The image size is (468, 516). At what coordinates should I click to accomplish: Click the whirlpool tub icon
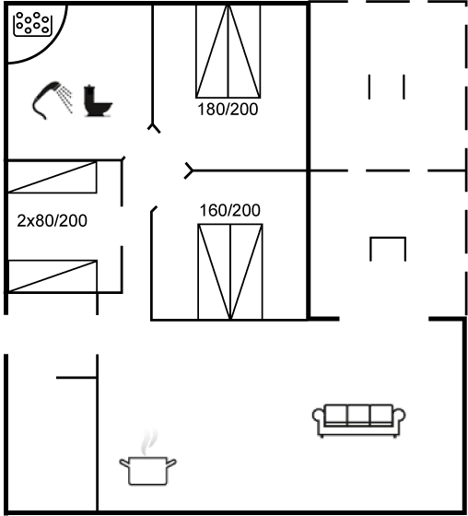pos(32,24)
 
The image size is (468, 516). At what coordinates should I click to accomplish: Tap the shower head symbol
pos(46,99)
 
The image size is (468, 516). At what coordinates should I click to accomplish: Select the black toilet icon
pos(98,100)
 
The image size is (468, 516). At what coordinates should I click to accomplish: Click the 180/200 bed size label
pos(228,110)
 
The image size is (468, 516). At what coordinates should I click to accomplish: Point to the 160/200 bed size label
pos(230,210)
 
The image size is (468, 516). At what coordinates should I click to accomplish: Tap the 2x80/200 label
pos(52,221)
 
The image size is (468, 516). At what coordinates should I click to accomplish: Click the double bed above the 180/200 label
pos(228,52)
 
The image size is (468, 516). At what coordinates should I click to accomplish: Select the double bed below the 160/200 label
pos(230,272)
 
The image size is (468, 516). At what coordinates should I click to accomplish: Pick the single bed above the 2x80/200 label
pos(52,177)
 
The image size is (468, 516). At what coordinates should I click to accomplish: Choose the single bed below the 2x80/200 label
pos(52,276)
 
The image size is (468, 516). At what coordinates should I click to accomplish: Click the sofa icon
pos(358,420)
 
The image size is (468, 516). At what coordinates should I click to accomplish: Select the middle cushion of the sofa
pos(358,415)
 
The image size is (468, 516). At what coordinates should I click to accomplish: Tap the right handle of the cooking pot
pos(171,463)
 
